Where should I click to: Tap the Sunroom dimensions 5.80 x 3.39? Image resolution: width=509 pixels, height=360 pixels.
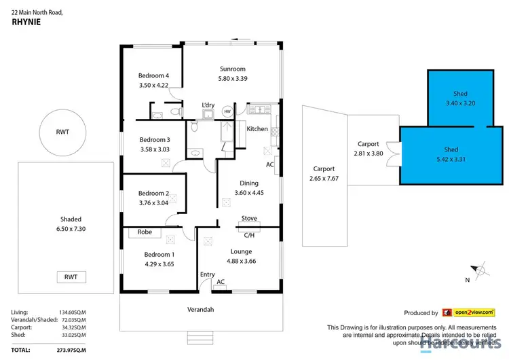[232, 79]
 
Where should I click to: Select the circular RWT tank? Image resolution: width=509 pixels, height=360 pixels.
[62, 133]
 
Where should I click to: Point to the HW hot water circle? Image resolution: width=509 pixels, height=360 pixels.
[227, 111]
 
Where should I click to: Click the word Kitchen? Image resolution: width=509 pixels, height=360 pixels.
[257, 129]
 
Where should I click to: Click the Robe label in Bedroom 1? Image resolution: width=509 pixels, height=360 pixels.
[145, 232]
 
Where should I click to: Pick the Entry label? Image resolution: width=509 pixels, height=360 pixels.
[207, 274]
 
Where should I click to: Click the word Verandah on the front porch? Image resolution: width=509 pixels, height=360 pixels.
[202, 310]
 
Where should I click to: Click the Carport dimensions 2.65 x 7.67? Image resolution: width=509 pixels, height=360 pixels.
[324, 179]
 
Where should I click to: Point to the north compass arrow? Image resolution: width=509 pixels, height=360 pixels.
[480, 268]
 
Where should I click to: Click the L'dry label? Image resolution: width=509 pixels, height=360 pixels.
[208, 105]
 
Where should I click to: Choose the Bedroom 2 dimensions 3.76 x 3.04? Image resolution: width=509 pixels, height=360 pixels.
[152, 202]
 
